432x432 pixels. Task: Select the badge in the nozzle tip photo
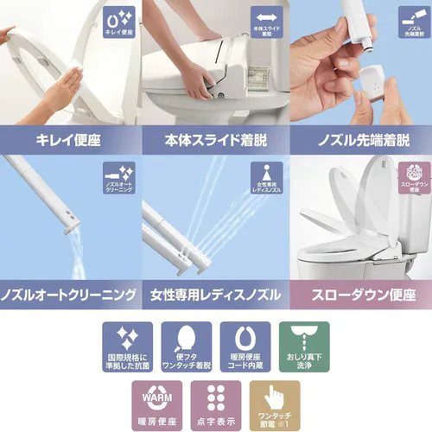click(x=409, y=25)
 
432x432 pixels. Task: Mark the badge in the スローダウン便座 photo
click(x=410, y=179)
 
